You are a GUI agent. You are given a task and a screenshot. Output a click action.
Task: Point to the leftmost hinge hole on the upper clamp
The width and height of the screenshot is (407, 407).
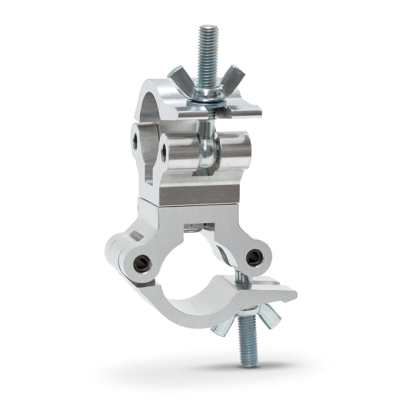click(x=136, y=140)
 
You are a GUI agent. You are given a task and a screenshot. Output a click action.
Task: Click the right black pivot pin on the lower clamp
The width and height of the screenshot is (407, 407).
click(x=256, y=255)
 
